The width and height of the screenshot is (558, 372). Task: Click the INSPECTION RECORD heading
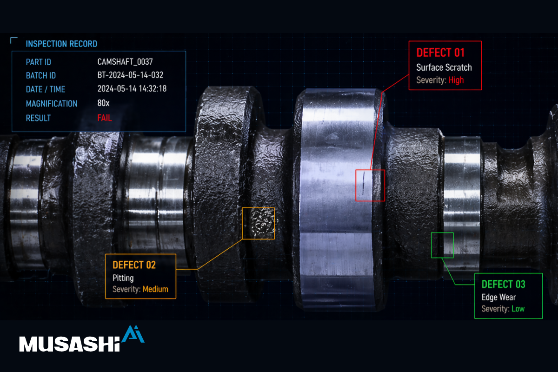[61, 44]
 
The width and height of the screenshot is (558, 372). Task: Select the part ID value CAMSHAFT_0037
[125, 62]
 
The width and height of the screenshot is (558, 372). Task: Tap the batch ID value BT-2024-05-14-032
[130, 75]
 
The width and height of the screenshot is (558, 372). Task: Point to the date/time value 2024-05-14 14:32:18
[132, 89]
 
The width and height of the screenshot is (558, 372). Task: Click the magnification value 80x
[103, 103]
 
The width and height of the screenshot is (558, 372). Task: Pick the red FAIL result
[105, 118]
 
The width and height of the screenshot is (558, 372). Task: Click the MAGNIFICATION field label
[52, 104]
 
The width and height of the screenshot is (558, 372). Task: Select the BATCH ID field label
[41, 75]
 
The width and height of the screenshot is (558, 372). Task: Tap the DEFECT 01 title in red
[440, 53]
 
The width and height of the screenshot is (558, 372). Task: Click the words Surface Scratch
[444, 67]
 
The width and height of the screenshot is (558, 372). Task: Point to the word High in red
[456, 80]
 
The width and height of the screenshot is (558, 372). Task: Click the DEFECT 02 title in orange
[134, 265]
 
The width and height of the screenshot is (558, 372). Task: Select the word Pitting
[123, 278]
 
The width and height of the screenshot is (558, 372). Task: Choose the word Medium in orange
[155, 289]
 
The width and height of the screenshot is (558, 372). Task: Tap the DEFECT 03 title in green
[504, 284]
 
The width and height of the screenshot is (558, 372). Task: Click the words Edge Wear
[498, 297]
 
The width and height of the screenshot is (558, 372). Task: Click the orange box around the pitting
[242, 224]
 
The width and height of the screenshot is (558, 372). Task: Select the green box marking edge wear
[432, 245]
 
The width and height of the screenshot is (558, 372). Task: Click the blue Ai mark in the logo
[133, 334]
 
